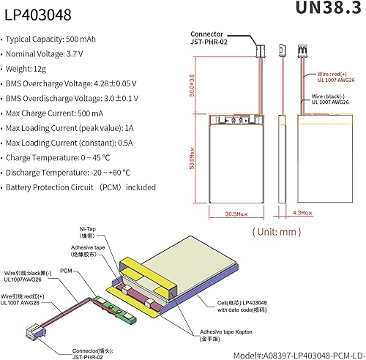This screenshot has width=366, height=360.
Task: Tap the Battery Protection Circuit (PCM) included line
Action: coord(81,187)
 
